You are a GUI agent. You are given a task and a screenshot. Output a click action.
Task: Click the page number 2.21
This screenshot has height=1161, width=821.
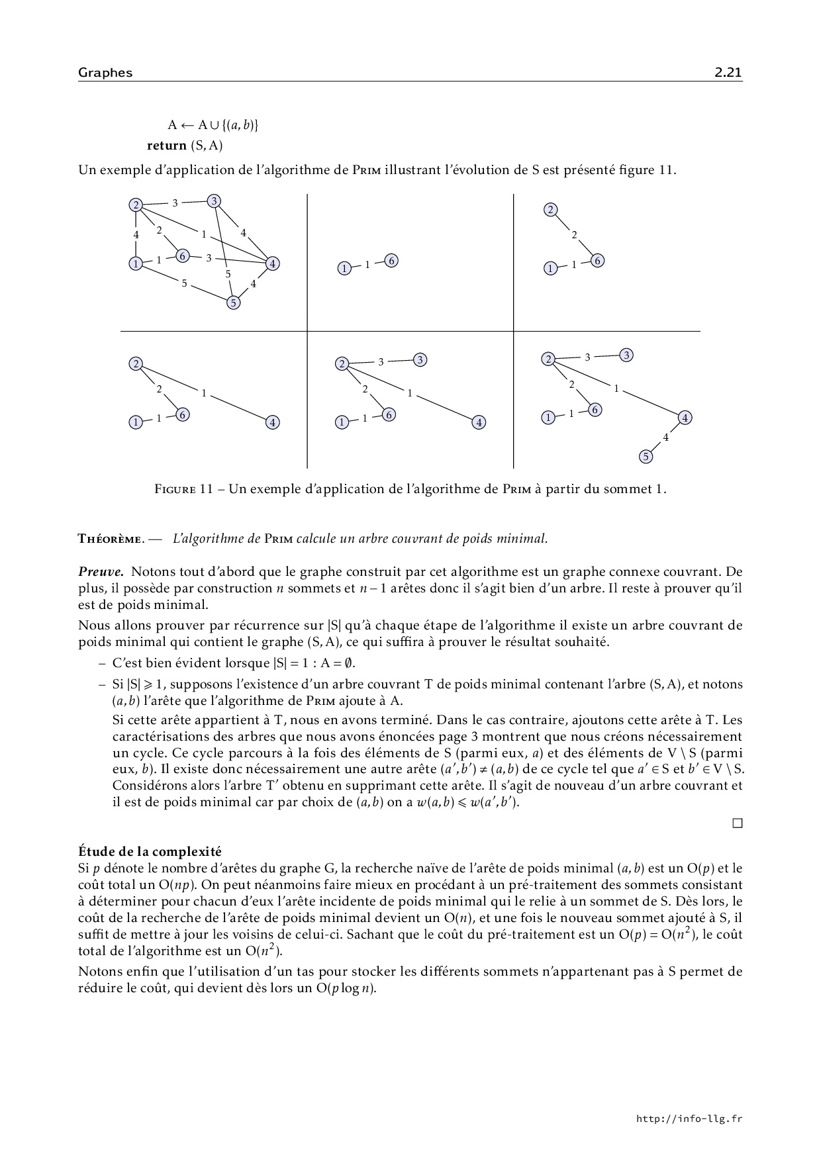pos(728,73)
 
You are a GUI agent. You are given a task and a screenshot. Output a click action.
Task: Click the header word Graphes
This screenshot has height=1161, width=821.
pos(105,73)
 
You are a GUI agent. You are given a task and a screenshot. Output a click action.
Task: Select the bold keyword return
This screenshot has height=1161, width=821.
pos(166,145)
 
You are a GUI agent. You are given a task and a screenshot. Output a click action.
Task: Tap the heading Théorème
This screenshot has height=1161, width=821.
pos(109,539)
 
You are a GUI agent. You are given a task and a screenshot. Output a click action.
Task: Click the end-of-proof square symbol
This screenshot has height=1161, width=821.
pos(737,823)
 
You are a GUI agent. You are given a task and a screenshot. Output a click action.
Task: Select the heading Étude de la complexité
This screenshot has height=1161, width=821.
pos(150,851)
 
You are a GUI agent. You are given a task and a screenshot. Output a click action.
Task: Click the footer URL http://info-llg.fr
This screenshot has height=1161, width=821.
pos(689,1119)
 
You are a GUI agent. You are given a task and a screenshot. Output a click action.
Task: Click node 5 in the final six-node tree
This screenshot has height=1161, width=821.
pos(646,456)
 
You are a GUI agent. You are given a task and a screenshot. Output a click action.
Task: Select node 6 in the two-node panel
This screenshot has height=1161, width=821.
pos(391,261)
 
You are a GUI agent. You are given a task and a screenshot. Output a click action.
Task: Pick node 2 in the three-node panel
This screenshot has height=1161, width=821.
pos(551,210)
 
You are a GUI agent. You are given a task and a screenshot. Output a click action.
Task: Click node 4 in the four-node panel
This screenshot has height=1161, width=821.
pos(272,422)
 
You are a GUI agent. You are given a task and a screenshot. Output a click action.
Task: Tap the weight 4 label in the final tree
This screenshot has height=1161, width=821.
pos(665,438)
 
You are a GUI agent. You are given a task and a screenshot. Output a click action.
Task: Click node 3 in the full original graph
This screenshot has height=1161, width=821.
pos(214,201)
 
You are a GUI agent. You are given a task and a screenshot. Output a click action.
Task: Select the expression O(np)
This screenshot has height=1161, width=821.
pos(175,885)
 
